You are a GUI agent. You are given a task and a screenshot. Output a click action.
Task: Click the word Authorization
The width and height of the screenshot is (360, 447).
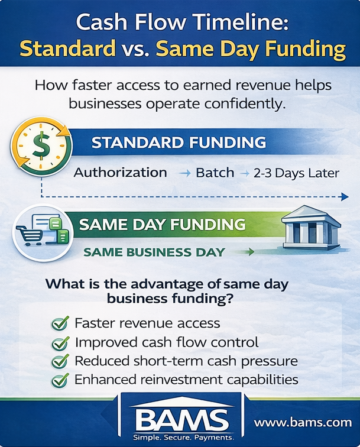[121, 173]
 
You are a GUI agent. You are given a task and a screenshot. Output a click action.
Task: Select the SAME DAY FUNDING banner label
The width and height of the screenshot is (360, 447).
[162, 225]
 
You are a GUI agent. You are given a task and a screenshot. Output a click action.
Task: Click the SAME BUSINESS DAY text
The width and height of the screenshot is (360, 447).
[154, 252]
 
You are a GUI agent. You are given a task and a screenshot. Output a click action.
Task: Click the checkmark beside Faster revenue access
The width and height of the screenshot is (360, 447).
[60, 323]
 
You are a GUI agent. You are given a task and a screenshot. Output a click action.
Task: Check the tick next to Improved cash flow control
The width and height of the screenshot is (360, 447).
[60, 342]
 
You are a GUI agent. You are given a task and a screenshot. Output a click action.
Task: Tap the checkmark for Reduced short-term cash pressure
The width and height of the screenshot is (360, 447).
[60, 361]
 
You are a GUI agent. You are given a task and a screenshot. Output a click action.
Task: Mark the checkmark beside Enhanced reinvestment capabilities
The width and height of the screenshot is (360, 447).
[60, 380]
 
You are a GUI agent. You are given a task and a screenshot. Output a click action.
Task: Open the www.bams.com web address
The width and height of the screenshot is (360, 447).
[303, 422]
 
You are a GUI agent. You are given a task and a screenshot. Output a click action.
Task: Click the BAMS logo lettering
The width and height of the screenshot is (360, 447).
[180, 419]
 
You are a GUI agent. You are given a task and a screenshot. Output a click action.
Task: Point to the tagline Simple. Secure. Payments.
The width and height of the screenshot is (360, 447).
[180, 438]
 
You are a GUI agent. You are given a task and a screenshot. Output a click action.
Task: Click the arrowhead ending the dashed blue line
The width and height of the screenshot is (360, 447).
[345, 197]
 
